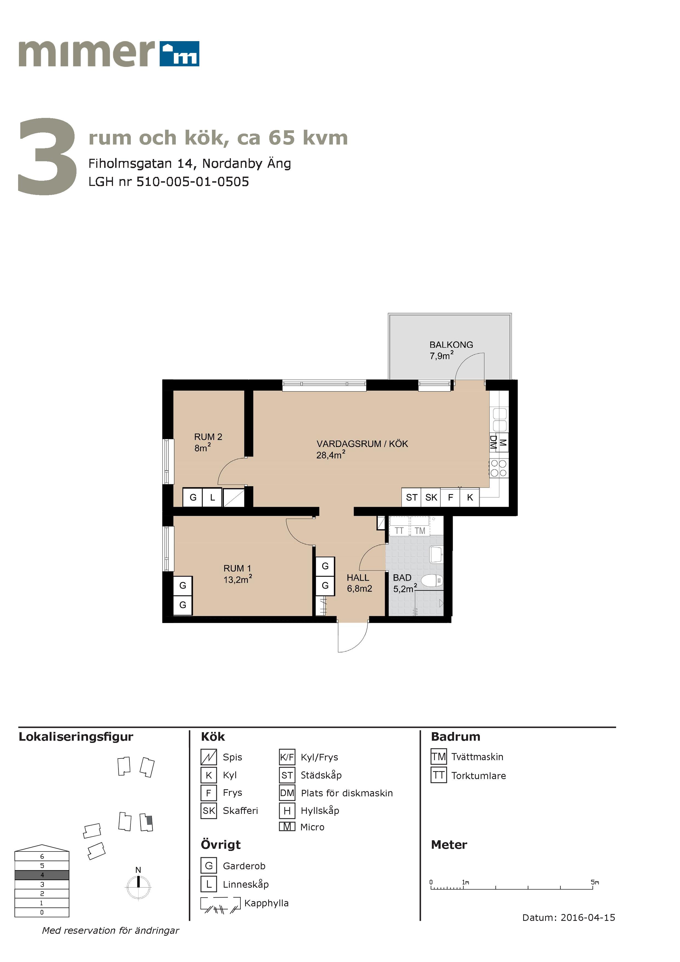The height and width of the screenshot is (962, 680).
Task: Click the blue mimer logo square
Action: [x=179, y=54]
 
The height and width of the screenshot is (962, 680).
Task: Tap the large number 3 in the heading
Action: [x=47, y=156]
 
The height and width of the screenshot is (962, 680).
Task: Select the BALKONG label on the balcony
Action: [x=451, y=345]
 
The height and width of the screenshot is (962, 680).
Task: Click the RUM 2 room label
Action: [x=208, y=437]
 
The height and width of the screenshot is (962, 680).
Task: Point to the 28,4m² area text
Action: [x=331, y=455]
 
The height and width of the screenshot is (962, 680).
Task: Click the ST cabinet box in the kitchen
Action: [x=412, y=497]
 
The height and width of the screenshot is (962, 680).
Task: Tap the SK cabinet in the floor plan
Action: [x=431, y=497]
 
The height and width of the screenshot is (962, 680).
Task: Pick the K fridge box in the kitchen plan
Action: [x=470, y=497]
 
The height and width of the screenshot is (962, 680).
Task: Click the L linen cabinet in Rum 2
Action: [x=212, y=497]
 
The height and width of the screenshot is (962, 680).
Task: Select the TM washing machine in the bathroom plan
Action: [x=420, y=530]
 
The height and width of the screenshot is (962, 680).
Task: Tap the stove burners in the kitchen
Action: [x=498, y=468]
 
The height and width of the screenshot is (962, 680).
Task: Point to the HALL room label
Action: [x=358, y=577]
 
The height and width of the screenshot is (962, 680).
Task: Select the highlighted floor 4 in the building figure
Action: [x=42, y=875]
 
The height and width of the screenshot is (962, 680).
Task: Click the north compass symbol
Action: [x=138, y=887]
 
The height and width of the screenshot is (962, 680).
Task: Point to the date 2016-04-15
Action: [x=588, y=918]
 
